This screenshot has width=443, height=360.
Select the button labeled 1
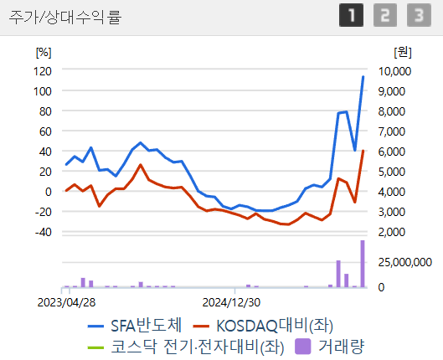(351, 16)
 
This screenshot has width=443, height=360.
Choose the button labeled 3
(416, 16)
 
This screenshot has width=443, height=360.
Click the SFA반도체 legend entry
(134, 324)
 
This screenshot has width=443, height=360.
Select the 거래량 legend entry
(332, 344)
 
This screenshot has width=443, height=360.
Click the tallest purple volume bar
(363, 264)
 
